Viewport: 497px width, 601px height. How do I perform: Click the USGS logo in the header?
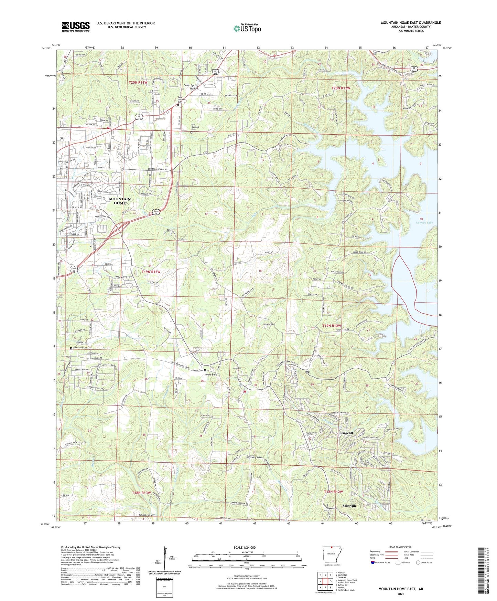pyautogui.click(x=76, y=26)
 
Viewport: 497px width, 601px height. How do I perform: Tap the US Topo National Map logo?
pyautogui.click(x=247, y=28)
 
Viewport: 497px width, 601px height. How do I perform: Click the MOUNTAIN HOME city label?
pyautogui.click(x=120, y=201)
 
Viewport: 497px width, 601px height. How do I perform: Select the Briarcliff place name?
pyautogui.click(x=346, y=433)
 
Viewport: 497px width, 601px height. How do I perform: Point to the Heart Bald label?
pyautogui.click(x=211, y=374)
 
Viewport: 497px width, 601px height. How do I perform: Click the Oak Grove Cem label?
pyautogui.click(x=80, y=348)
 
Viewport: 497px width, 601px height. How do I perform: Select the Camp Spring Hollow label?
pyautogui.click(x=191, y=87)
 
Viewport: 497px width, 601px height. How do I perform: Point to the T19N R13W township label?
pyautogui.click(x=151, y=272)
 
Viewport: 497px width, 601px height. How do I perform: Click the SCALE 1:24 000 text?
pyautogui.click(x=245, y=547)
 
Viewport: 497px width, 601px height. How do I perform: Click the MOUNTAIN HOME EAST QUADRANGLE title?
pyautogui.click(x=410, y=23)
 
